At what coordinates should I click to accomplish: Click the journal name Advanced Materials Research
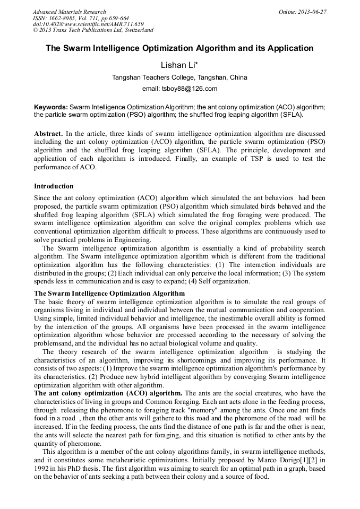(x=69, y=12)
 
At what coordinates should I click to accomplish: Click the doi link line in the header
(x=88, y=24)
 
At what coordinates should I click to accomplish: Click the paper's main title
(x=179, y=48)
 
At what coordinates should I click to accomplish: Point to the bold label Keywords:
(x=51, y=107)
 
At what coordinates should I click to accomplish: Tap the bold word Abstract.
(x=48, y=133)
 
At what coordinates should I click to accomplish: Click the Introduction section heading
(x=54, y=186)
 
